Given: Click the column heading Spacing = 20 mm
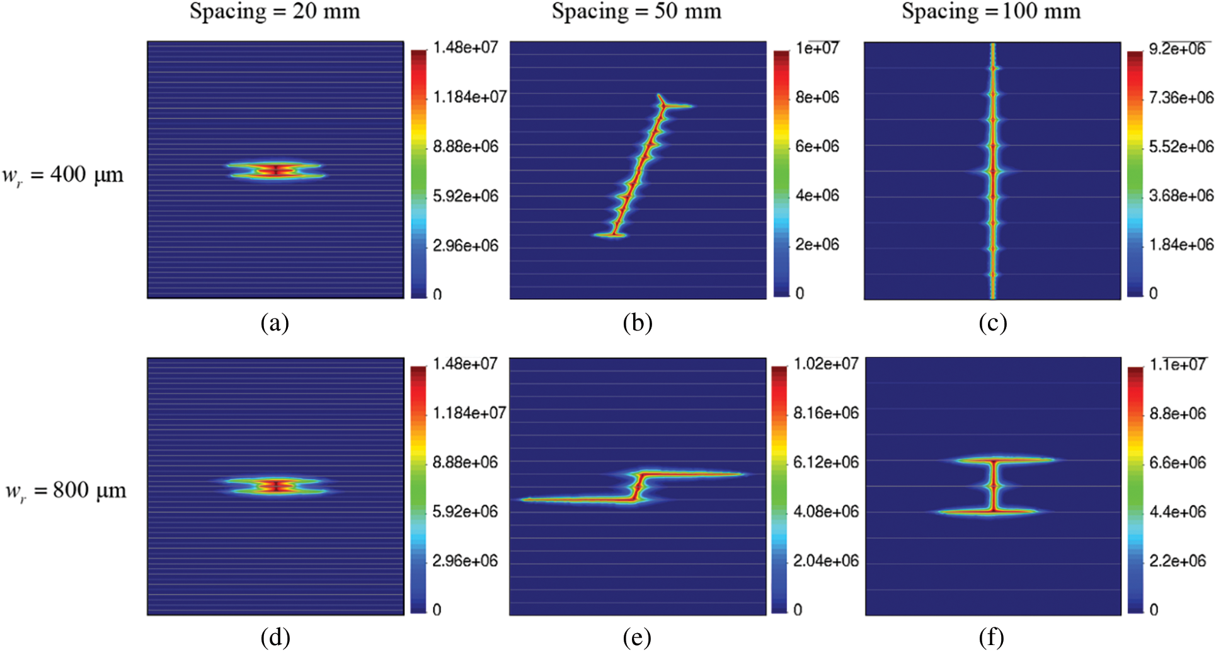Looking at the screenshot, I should tap(275, 12).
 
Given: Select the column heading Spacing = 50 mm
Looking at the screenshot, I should tap(636, 12).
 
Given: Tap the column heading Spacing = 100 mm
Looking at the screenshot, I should tap(991, 12).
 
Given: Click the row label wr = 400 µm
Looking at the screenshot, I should tap(63, 175).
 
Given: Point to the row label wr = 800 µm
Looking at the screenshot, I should tap(66, 491).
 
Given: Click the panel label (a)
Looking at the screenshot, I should tap(275, 323).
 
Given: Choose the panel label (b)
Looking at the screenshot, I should tap(637, 323).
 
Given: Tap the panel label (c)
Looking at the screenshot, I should tap(992, 323).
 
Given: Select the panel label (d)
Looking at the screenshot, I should tap(275, 638).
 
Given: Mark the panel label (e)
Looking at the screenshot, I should tap(637, 638).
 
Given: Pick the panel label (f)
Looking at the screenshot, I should tap(992, 638).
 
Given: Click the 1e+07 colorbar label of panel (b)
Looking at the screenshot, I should tap(817, 48).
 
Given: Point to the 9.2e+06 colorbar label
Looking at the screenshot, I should tap(1177, 49).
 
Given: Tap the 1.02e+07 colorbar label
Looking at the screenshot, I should tap(826, 364).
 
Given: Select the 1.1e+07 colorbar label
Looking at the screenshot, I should tap(1178, 364).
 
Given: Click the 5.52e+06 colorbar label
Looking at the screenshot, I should tap(1181, 147).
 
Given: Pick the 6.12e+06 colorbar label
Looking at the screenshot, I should tap(826, 463).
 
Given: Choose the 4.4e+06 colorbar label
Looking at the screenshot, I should tap(1178, 512).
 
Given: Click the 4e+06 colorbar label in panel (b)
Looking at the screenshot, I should tap(817, 195).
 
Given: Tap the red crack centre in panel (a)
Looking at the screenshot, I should tap(275, 170).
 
